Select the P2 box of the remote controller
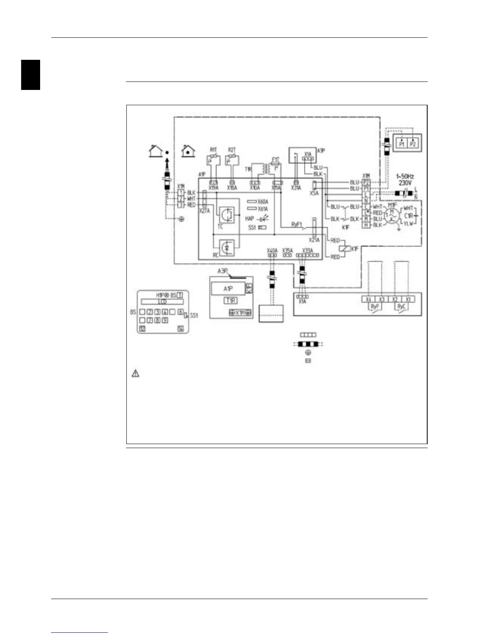[x=413, y=144]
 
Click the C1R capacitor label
[x=408, y=216]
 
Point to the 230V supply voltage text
[x=405, y=183]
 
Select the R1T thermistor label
[x=213, y=150]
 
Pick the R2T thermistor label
[x=231, y=150]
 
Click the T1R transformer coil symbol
[x=260, y=169]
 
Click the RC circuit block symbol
[x=227, y=249]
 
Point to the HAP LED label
[x=250, y=219]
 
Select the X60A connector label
[x=263, y=202]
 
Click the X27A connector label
[x=204, y=210]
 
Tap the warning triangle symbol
[x=136, y=373]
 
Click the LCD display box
[x=162, y=302]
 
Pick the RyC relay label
[x=401, y=306]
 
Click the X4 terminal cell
[x=368, y=299]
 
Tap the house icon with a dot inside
[x=188, y=151]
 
